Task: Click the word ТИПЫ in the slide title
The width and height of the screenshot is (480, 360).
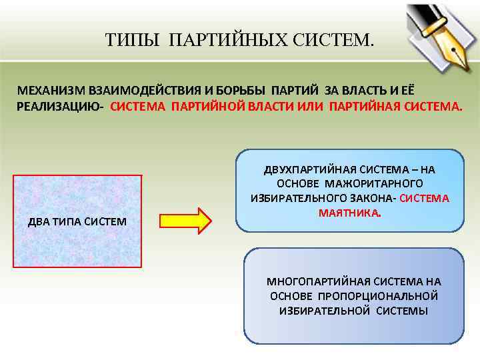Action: click(x=132, y=41)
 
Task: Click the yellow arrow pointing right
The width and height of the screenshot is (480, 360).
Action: click(x=185, y=221)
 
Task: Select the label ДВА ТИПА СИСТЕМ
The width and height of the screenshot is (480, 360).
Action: click(x=77, y=221)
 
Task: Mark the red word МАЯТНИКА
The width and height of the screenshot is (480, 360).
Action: click(x=349, y=213)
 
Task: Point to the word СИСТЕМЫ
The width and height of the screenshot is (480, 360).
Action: click(x=401, y=311)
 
